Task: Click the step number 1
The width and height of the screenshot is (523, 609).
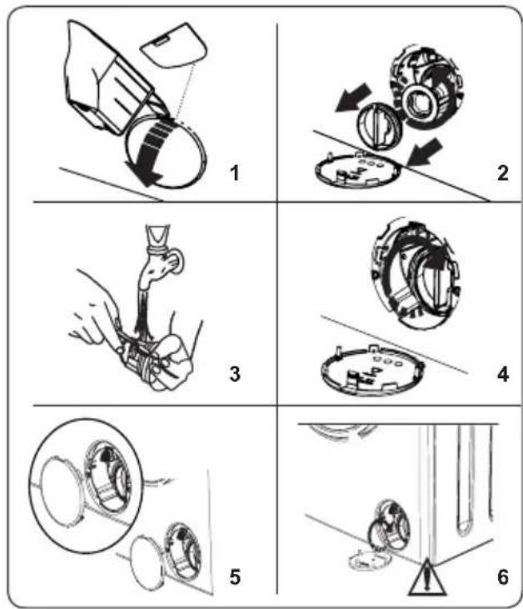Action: coord(234,172)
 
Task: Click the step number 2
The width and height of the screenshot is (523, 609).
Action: coord(502,172)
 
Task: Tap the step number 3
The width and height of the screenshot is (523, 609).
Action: coord(235,374)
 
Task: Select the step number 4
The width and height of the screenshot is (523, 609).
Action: coord(503,375)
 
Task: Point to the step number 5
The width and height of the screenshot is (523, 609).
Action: coord(235,577)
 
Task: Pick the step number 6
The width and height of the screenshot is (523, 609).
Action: coord(503,577)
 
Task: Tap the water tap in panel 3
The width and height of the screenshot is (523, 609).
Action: coord(161,257)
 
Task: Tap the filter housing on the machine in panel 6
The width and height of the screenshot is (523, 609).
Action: coord(390,524)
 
